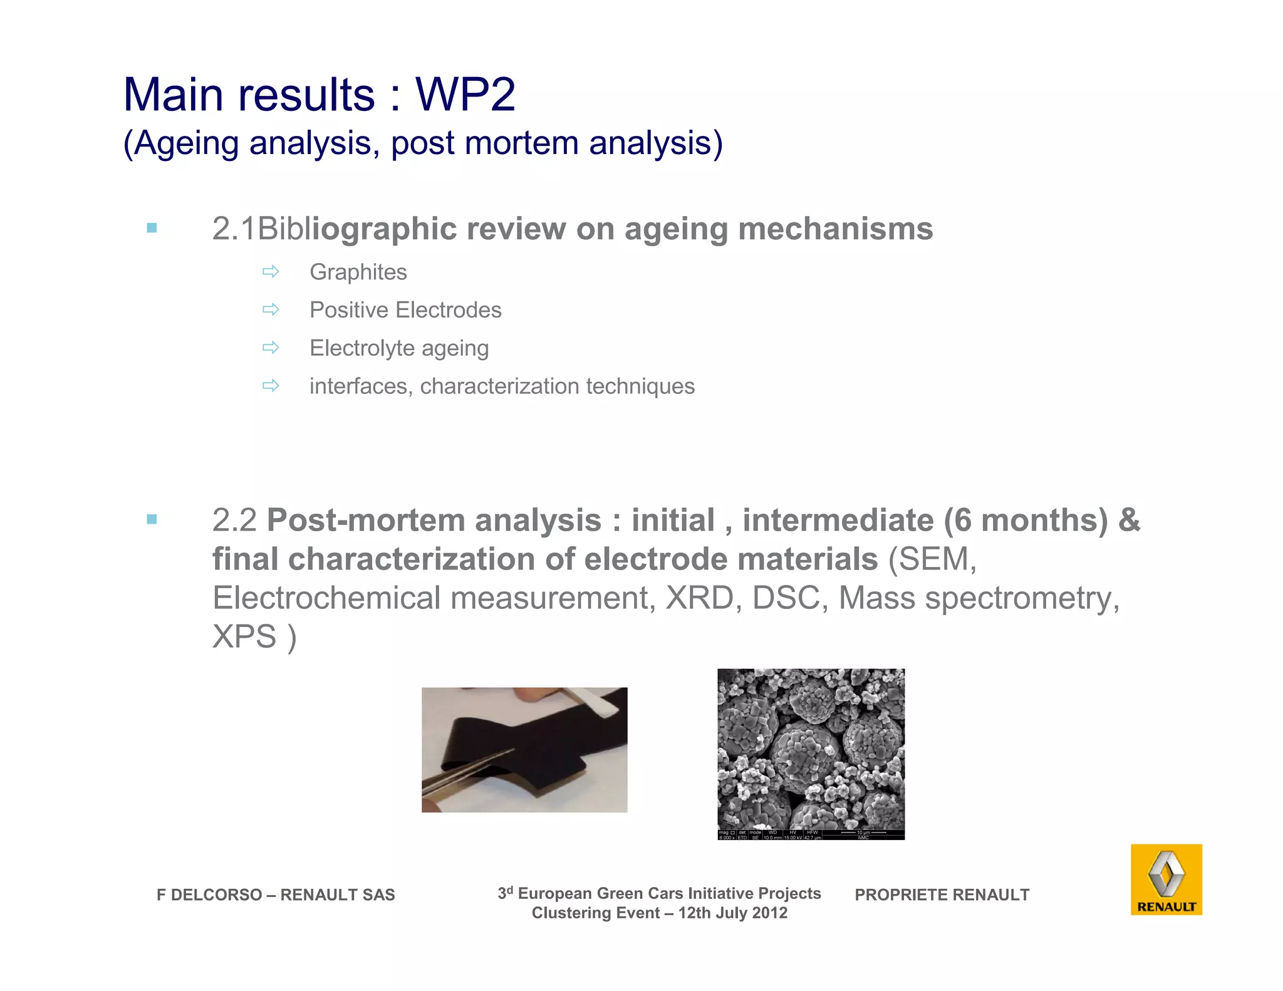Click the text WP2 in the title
465,95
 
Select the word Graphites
358,272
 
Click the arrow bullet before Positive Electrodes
271,309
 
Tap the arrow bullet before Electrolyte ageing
271,348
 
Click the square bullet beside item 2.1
152,228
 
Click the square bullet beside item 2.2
152,519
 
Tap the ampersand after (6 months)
1129,521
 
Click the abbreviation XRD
699,598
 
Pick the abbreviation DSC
786,598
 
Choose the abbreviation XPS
244,636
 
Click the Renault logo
1166,879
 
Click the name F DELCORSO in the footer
209,895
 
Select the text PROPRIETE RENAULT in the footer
942,895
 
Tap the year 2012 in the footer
769,913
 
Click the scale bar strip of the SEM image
811,835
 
